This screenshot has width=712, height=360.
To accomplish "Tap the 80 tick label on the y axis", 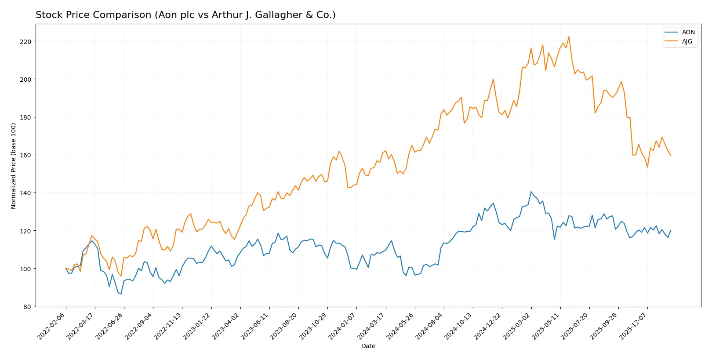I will pos(27,307).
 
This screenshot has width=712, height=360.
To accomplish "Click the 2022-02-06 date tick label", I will pos(52,326).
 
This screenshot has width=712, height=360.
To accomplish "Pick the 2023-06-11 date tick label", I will pos(255,326).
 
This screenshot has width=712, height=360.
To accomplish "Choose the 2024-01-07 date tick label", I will pos(342,326).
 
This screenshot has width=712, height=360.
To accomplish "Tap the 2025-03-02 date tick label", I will pos(517,326).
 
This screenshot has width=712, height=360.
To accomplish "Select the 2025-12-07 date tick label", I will pos(633,326).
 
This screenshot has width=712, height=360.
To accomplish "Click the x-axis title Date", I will pos(368,346).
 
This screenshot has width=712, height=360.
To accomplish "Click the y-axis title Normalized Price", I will pos(14,166).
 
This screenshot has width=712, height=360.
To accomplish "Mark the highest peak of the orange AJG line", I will pos(569,37).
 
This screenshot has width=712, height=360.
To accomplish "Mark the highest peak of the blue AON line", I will pos(531,192).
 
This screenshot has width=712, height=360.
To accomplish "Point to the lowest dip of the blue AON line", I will pos(121,294).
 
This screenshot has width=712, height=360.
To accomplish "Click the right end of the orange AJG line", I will pos(671,156).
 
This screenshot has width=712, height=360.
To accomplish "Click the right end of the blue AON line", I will pos(671,230).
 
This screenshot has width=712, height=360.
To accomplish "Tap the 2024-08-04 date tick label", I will pos(430,326).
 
